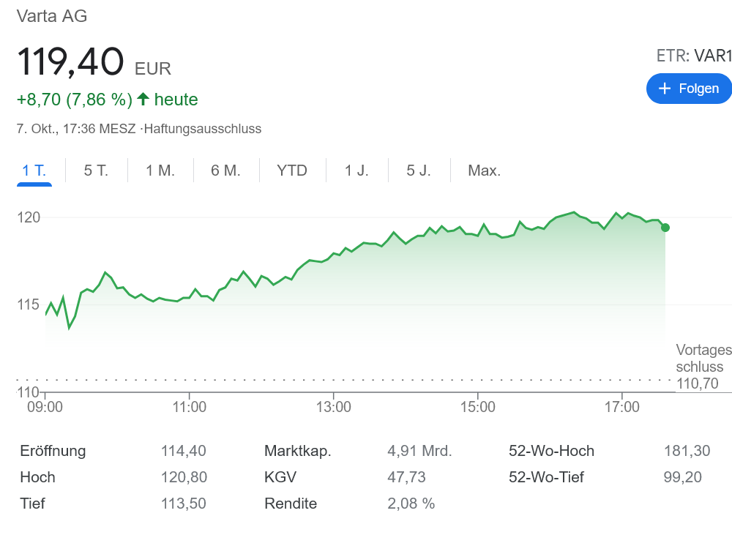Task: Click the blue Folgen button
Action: point(689,89)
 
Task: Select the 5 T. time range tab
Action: point(96,171)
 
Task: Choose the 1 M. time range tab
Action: point(160,171)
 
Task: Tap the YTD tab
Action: point(292,171)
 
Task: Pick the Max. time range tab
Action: point(485,171)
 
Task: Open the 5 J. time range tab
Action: point(419,171)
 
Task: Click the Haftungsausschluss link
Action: point(203,129)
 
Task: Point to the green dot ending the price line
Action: point(665,228)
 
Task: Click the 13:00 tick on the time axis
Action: point(333,406)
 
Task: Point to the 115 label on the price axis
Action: point(29,304)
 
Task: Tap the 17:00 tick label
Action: point(621,406)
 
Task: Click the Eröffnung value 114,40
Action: point(184,451)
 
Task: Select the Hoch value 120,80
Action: point(184,477)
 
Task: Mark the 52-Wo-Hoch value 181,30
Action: point(687,451)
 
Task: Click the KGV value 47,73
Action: point(406,477)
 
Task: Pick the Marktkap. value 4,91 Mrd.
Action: point(419,451)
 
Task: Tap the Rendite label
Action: point(291,504)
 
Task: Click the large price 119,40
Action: point(70,61)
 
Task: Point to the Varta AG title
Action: point(52,15)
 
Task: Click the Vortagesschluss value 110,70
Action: point(698,383)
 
